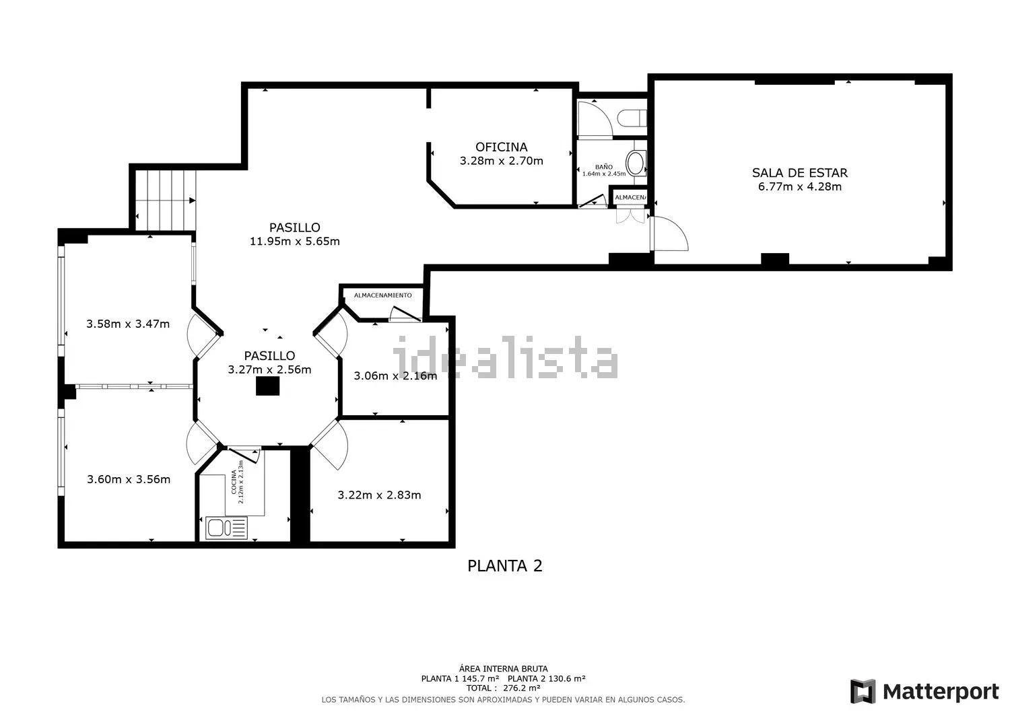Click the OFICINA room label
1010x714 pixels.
(x=501, y=147)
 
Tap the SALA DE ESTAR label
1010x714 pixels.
(x=799, y=173)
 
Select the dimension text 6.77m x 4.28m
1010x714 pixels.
(x=799, y=187)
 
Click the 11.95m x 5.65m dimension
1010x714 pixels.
(x=294, y=242)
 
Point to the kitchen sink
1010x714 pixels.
(x=227, y=527)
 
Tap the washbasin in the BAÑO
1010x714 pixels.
(x=635, y=162)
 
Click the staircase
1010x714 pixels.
(x=165, y=199)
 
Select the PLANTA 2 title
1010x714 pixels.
(x=504, y=566)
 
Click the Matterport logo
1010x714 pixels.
(x=924, y=691)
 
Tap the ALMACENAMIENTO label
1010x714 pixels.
(x=382, y=295)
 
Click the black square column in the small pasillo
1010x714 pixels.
(x=268, y=386)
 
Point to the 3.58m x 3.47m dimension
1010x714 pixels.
(x=128, y=324)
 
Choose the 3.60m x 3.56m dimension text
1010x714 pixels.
(x=129, y=480)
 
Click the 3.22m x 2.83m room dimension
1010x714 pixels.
(x=379, y=495)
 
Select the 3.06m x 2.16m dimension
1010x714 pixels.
(x=395, y=376)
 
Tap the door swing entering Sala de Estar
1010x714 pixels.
(x=669, y=233)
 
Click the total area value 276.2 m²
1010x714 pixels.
(x=521, y=688)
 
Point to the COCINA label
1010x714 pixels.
(x=234, y=483)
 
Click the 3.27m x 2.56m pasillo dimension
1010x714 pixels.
(x=269, y=369)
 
